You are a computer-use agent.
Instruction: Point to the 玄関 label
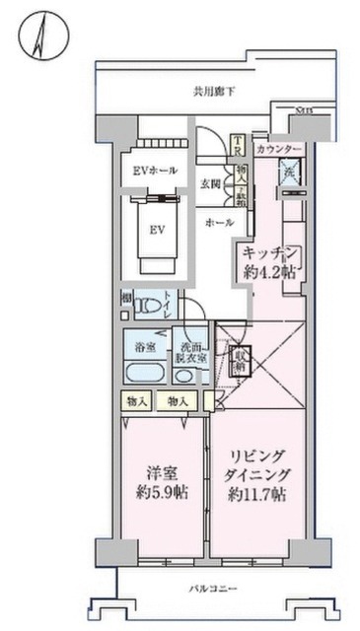point(210,183)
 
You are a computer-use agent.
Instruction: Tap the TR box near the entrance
point(238,145)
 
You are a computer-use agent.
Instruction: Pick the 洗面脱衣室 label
point(190,354)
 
